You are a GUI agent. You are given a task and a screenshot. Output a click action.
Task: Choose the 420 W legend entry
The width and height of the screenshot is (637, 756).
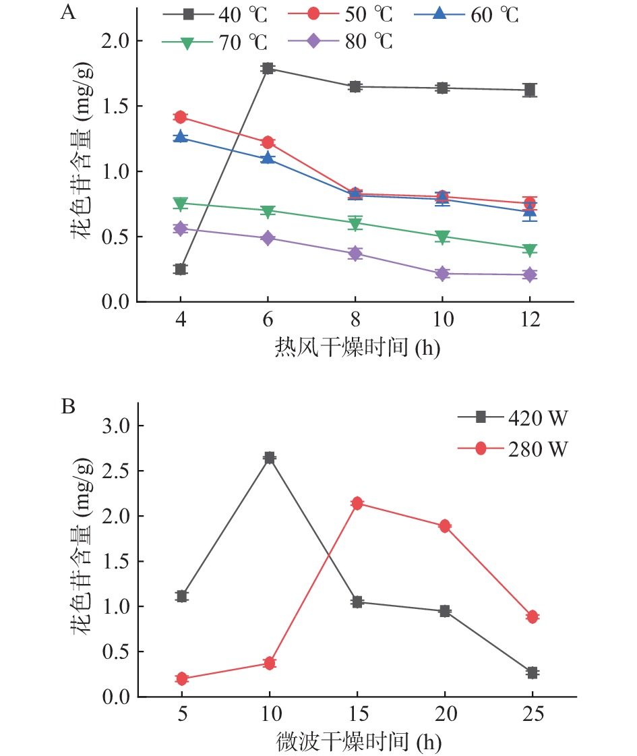(513, 418)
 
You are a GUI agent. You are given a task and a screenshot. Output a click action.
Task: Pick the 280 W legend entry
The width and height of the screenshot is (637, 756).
(513, 449)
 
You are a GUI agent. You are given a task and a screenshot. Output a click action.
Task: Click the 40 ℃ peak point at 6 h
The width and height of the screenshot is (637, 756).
(268, 68)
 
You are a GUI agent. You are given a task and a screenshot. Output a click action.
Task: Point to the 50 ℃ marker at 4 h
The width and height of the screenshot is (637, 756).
(180, 117)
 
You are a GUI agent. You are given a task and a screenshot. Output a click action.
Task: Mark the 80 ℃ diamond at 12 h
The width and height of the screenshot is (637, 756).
(529, 274)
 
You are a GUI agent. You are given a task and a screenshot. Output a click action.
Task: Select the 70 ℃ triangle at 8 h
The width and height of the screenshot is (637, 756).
(355, 223)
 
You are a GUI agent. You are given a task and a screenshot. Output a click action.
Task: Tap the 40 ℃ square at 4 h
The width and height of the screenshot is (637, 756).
(180, 269)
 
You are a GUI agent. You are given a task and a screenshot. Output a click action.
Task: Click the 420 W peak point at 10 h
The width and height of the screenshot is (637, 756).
(270, 458)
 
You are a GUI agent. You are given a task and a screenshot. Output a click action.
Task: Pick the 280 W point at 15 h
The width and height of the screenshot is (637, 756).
(357, 503)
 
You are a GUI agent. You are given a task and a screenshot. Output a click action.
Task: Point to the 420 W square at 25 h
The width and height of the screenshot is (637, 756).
(533, 672)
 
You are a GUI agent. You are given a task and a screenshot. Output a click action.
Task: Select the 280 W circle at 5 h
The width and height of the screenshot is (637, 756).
(181, 678)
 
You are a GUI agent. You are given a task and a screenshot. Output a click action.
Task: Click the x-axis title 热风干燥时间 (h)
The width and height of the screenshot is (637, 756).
(357, 349)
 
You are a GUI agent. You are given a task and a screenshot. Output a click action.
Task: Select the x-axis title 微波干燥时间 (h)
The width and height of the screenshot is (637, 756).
(358, 741)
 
